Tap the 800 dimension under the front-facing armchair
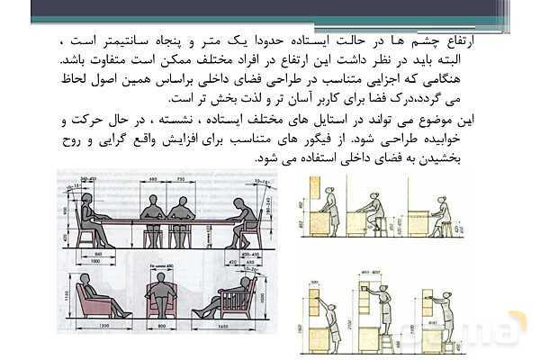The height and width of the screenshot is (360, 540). pyautogui.click(x=162, y=325)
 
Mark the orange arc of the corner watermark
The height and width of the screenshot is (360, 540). pyautogui.click(x=517, y=324)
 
